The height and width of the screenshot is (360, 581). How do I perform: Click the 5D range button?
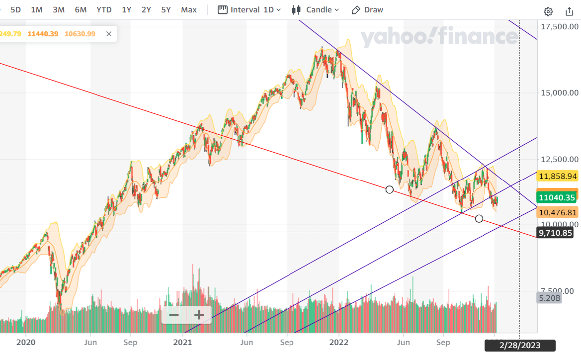pyautogui.click(x=15, y=10)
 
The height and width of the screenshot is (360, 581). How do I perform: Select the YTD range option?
pyautogui.click(x=104, y=10)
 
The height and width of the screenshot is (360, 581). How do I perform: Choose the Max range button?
pyautogui.click(x=189, y=10)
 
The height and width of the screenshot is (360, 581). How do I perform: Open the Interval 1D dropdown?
pyautogui.click(x=249, y=10)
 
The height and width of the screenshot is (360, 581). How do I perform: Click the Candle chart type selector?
pyautogui.click(x=316, y=10)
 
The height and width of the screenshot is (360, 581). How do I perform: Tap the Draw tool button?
pyautogui.click(x=367, y=10)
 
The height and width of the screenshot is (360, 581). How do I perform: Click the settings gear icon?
pyautogui.click(x=548, y=11)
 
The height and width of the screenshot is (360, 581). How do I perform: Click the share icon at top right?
pyautogui.click(x=570, y=11)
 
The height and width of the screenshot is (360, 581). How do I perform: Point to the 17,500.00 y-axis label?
pyautogui.click(x=560, y=26)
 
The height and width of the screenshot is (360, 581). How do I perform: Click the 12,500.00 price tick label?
pyautogui.click(x=560, y=159)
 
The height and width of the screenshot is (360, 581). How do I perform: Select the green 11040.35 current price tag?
pyautogui.click(x=557, y=197)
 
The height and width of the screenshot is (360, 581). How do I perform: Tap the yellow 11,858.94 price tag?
pyautogui.click(x=558, y=176)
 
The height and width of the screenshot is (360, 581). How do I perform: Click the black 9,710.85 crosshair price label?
pyautogui.click(x=558, y=232)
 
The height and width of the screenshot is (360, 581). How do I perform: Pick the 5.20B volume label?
pyautogui.click(x=549, y=298)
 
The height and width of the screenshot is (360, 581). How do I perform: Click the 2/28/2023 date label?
pyautogui.click(x=520, y=345)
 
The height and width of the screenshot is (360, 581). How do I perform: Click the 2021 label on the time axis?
pyautogui.click(x=182, y=342)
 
